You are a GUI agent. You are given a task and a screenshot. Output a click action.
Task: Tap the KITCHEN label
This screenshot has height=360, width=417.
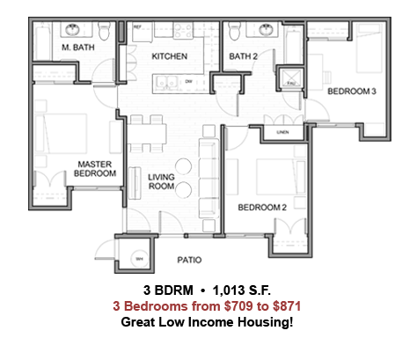[169, 56]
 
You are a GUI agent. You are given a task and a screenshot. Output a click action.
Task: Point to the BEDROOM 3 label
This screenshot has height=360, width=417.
[352, 92]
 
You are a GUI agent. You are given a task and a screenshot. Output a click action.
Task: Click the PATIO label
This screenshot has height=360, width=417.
[189, 260]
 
